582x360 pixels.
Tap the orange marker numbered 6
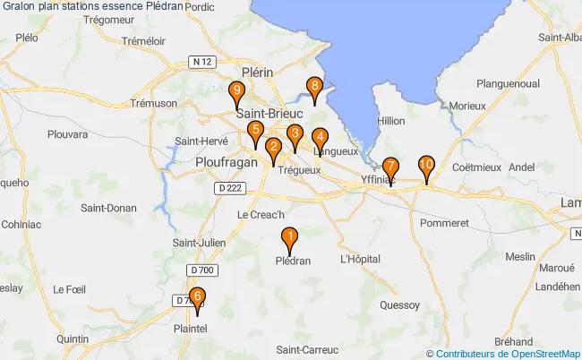[197, 299]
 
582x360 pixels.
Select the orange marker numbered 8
[314, 88]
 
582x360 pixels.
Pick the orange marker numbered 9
[235, 91]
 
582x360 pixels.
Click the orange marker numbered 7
[390, 167]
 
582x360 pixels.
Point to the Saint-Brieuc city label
[270, 114]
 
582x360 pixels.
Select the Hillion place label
[392, 120]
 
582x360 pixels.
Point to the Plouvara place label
[67, 134]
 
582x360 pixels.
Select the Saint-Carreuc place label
[307, 348]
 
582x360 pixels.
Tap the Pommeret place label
[444, 221]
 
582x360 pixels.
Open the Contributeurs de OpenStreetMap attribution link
[507, 354]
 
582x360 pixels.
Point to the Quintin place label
[72, 339]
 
